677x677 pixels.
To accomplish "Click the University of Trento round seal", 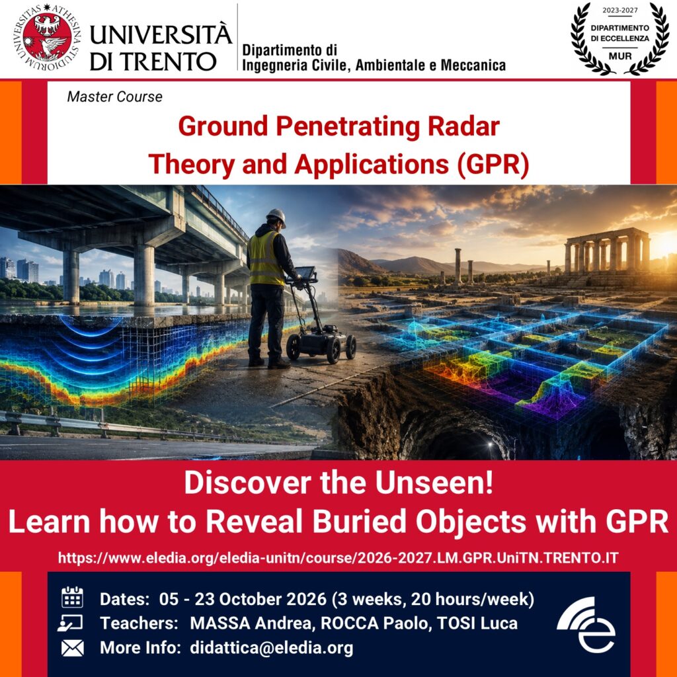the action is pos(48,38).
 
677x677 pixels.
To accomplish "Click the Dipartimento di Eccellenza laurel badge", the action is pos(619,39).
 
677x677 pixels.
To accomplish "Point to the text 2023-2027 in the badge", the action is pos(620,10).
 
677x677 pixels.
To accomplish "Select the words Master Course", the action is pos(115,97).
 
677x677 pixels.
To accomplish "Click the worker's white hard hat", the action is pos(276,217).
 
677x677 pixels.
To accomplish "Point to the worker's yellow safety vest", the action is pos(265,259).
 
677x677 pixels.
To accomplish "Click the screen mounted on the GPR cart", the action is pos(305,273).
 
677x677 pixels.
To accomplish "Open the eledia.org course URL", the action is pos(338,557).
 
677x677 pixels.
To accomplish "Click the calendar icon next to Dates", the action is pos(72,598).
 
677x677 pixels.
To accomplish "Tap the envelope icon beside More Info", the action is pos(72,648).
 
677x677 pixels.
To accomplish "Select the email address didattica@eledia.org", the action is pos(272,648).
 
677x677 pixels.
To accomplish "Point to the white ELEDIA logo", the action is pos(586,624).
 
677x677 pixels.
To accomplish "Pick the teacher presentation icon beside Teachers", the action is pos(70,623).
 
